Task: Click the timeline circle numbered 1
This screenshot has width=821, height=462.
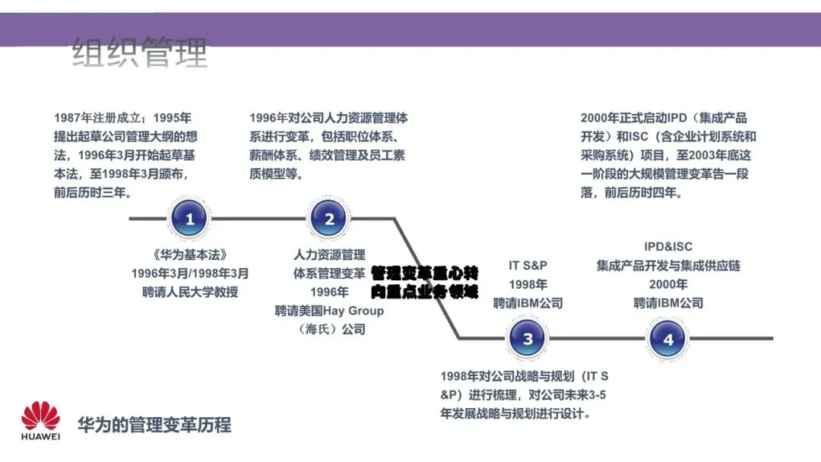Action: point(190,220)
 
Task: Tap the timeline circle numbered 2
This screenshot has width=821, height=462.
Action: point(329,220)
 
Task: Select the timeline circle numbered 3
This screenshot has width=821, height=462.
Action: point(528,339)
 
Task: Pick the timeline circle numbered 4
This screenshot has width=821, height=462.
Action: point(668,339)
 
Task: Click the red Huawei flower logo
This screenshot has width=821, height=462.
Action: point(40,416)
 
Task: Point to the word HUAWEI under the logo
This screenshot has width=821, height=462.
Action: point(40,438)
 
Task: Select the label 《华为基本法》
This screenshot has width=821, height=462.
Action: point(189,255)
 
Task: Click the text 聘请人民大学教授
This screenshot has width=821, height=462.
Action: point(189,292)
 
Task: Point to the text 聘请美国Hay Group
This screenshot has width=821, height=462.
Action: point(329,311)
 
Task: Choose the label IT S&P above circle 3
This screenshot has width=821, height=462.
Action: point(528,265)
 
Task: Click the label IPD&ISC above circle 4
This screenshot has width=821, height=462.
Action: point(668,247)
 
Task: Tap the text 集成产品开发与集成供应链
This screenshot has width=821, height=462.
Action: point(668,266)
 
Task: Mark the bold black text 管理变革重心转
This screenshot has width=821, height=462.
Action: point(424,273)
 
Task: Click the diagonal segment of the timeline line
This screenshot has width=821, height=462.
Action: point(426,277)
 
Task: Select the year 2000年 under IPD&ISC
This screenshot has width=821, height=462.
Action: point(668,284)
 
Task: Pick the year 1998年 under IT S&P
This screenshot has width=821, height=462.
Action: point(528,284)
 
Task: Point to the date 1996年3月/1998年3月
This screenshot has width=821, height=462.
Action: point(189,274)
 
